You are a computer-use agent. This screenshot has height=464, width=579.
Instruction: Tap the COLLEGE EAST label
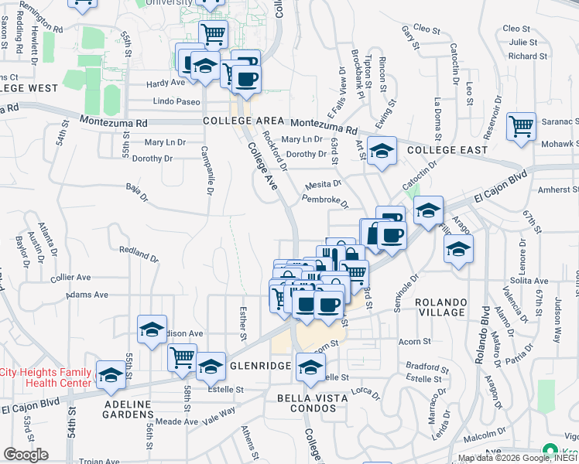[x=447, y=149]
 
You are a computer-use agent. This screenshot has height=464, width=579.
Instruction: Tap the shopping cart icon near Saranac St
[x=522, y=126]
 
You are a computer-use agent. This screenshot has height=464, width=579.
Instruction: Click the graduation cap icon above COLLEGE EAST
[x=382, y=151]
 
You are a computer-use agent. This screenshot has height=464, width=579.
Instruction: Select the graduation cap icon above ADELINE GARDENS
[x=112, y=375]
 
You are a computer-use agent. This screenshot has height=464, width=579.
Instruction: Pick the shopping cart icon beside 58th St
[x=182, y=357]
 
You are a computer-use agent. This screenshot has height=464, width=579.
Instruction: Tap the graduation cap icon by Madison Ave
[x=152, y=329]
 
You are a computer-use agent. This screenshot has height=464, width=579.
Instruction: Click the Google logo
[x=26, y=455]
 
